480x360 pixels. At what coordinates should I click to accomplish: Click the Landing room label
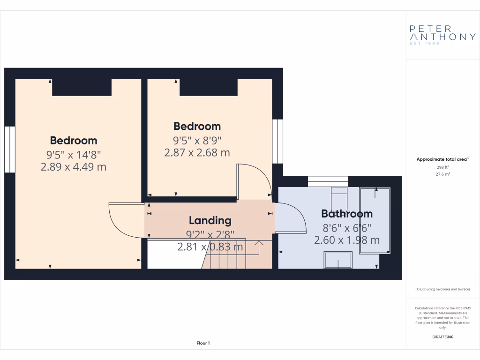pos(210,220)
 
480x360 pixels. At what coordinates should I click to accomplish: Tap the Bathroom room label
pos(347,214)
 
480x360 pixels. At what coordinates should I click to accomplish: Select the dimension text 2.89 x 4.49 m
pos(74,166)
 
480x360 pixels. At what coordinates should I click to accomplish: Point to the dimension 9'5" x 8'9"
pos(197,140)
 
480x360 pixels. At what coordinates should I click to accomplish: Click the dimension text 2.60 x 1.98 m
pos(347,240)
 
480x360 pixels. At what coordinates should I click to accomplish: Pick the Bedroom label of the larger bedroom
pos(74,141)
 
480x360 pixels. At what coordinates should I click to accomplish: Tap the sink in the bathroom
pos(338,260)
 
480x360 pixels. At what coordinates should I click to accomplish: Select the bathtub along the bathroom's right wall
pos(375,220)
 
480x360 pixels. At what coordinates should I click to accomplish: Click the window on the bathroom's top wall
pos(328,181)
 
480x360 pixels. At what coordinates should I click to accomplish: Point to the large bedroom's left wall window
pos(10,149)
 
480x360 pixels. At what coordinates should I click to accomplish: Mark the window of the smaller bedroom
pos(278,141)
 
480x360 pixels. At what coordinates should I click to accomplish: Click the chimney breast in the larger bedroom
pos(82,87)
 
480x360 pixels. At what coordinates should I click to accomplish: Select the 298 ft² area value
pos(442,167)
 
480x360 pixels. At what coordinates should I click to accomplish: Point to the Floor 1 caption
pos(203,344)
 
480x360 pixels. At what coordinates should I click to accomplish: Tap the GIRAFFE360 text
pos(442,337)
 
